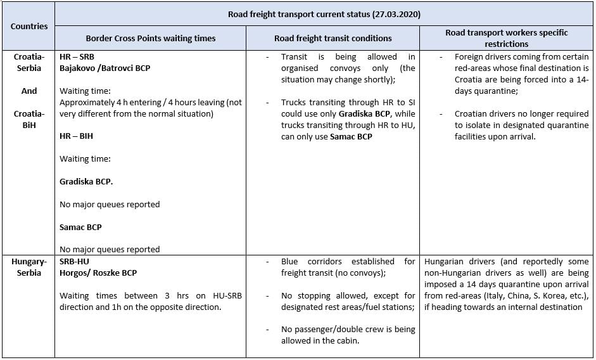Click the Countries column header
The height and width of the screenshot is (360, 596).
coord(29,27)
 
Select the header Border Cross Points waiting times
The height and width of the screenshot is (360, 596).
coord(151,39)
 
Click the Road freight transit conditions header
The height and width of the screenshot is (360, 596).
coord(333,39)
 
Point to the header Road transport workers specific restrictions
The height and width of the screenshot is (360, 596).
coord(507,38)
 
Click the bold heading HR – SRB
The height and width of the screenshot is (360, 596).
coord(77,57)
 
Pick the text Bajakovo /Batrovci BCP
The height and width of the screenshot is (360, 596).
coord(105,68)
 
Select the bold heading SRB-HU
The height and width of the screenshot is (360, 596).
coord(75,262)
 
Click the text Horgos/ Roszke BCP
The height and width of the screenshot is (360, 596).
coord(98,273)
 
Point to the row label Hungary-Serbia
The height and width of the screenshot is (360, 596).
coord(29,267)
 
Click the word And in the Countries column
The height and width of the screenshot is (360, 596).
coord(29,91)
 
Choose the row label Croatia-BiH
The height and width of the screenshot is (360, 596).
coord(29,119)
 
